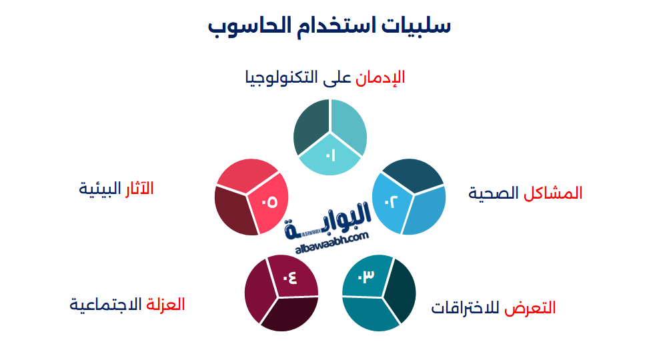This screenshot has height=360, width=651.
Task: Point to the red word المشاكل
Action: pyautogui.click(x=553, y=193)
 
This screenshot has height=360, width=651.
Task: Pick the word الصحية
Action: pyautogui.click(x=494, y=193)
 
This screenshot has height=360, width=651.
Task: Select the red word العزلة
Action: pyautogui.click(x=165, y=305)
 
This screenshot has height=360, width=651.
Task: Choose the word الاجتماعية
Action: pyautogui.click(x=106, y=305)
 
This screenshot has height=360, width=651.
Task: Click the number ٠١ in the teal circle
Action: pyautogui.click(x=330, y=156)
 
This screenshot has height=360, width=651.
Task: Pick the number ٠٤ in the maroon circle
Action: pyautogui.click(x=289, y=277)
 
